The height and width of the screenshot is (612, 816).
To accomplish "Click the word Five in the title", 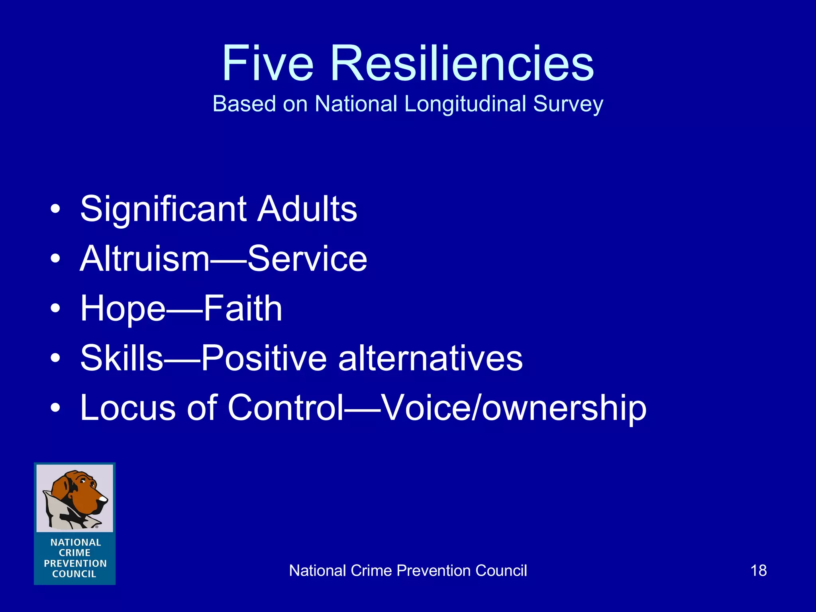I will click(268, 64).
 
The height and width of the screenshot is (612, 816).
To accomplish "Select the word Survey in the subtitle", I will click(568, 104).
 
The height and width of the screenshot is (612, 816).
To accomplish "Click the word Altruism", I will click(145, 259).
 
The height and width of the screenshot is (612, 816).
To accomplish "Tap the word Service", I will click(307, 259).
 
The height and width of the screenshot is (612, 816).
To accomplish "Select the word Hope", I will click(123, 309).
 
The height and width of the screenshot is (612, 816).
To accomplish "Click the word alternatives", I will click(430, 359).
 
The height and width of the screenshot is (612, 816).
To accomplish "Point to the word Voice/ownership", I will click(514, 408).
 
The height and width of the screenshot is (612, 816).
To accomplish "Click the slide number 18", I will click(759, 571).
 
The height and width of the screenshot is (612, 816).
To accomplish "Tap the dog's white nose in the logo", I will click(103, 498).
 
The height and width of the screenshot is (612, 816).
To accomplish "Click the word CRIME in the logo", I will click(75, 553).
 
